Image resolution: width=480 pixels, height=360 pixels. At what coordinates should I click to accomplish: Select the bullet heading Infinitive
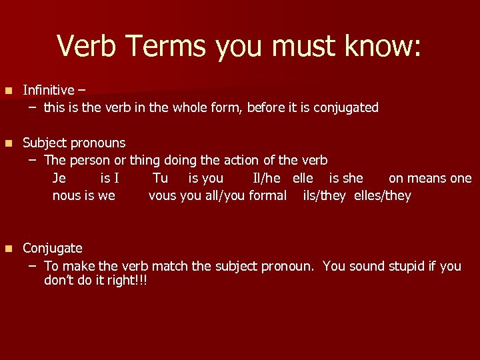point(49,90)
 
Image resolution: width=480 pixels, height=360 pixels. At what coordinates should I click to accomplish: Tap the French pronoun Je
point(59,178)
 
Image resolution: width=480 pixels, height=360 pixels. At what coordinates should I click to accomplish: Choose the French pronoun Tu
point(160,178)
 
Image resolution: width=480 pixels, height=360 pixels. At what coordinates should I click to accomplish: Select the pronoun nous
point(67,195)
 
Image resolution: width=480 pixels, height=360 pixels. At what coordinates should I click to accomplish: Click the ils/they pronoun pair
point(324,195)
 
